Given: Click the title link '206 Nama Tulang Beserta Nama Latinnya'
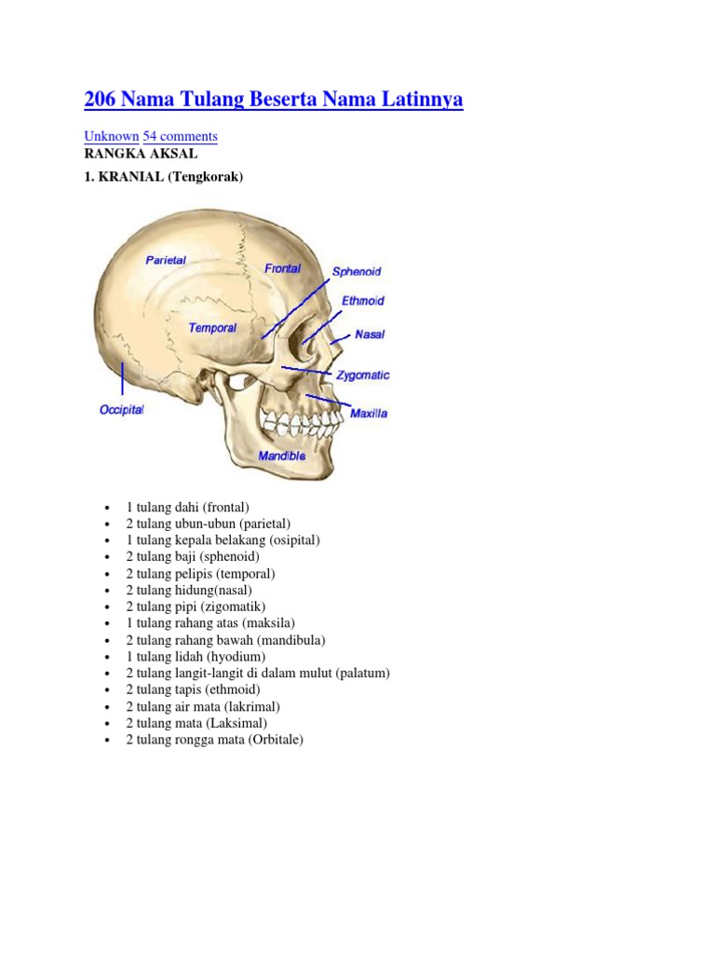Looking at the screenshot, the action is click(x=274, y=99).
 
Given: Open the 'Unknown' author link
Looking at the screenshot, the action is click(x=112, y=136).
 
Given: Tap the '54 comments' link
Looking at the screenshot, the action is click(x=180, y=136).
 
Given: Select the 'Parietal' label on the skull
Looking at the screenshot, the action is click(x=166, y=261).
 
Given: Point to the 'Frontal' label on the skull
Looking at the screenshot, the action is click(x=282, y=268).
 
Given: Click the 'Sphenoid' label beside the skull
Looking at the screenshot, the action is click(x=357, y=272).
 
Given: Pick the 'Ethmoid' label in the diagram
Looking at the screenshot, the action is click(x=363, y=302).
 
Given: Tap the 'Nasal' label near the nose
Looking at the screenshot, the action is click(x=370, y=334).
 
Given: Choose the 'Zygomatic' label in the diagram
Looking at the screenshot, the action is click(x=362, y=375).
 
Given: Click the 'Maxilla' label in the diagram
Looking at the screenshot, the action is click(x=369, y=413).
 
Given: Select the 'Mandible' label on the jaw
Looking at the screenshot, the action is click(x=282, y=457).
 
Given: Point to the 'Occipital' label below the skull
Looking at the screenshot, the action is click(x=122, y=410).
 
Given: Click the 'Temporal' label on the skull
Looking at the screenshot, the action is click(x=212, y=328).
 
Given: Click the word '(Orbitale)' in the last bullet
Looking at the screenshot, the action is click(x=276, y=740).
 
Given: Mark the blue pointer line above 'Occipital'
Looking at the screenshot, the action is click(x=122, y=379).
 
